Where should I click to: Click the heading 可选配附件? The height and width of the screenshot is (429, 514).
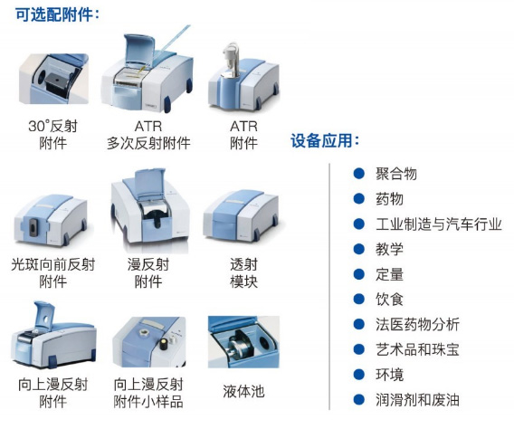(57, 14)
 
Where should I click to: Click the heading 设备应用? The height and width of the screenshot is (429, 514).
(325, 140)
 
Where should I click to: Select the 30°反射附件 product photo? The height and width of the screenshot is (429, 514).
(53, 79)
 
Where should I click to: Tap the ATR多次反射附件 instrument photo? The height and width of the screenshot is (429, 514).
(148, 71)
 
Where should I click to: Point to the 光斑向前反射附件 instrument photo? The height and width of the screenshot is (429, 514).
(51, 219)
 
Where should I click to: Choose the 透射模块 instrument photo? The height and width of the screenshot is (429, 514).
(241, 215)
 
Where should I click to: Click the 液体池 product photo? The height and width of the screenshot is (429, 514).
(243, 342)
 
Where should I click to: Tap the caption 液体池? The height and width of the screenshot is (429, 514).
(243, 391)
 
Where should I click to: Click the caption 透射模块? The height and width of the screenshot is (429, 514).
(243, 273)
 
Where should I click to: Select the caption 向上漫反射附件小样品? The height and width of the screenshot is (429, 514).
(148, 393)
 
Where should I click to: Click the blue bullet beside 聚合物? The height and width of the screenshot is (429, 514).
(359, 173)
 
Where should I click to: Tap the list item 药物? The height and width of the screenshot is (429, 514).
(389, 198)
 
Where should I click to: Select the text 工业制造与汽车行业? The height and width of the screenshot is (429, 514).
(439, 224)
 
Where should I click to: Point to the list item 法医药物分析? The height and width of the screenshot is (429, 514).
(417, 324)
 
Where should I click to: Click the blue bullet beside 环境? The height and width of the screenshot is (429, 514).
(359, 375)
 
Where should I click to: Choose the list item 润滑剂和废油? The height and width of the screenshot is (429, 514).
(417, 400)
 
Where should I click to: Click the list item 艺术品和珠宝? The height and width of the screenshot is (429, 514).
(417, 349)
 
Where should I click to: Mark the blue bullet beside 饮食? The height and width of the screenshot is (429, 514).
(359, 299)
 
